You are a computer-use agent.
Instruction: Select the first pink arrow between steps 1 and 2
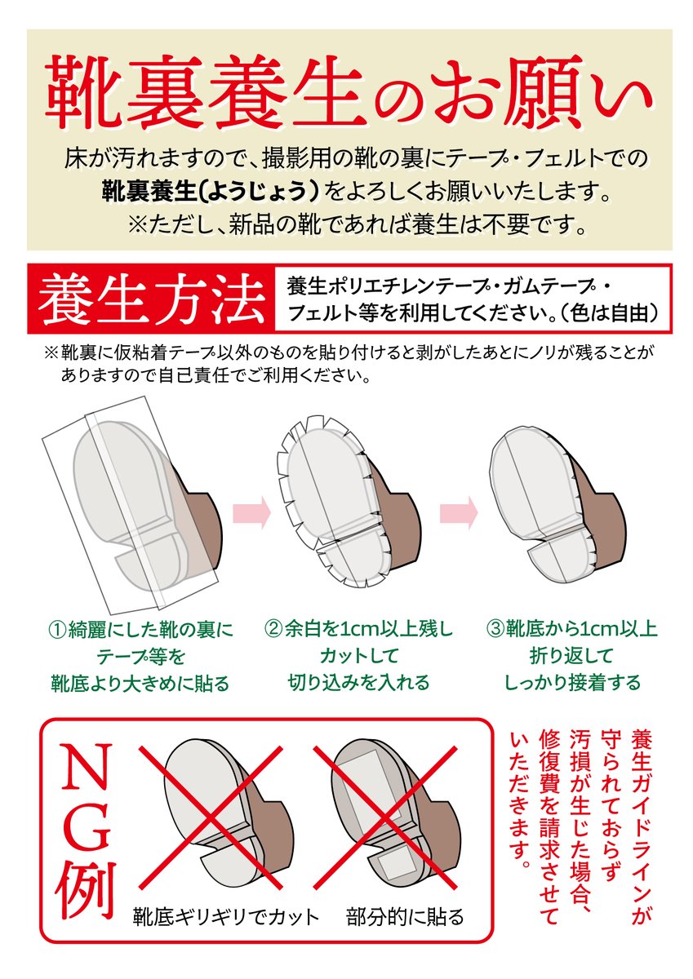tap(251, 512)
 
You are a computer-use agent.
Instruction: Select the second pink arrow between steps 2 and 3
tap(458, 512)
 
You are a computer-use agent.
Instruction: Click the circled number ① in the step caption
tap(58, 629)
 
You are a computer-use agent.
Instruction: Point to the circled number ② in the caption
tap(273, 629)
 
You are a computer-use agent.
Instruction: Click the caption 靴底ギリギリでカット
tap(226, 917)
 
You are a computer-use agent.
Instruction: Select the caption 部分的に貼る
tap(405, 917)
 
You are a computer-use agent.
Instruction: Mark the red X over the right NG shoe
tap(395, 816)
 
